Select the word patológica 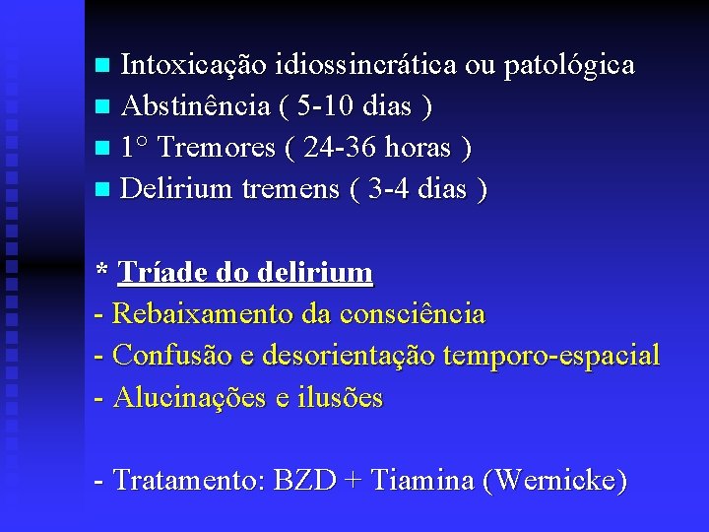(569, 67)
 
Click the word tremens (290, 188)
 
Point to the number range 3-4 (385, 188)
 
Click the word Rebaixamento (202, 314)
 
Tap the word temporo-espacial (552, 356)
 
